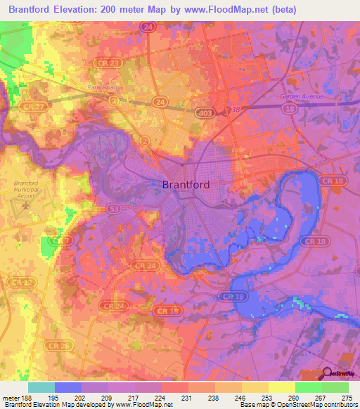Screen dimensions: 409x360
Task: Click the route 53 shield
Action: [x=114, y=209]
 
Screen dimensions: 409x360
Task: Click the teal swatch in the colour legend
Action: [x=41, y=387]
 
